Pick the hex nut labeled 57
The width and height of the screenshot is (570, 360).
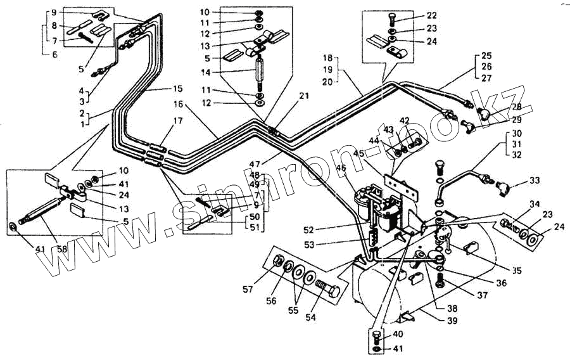click(x=277, y=263)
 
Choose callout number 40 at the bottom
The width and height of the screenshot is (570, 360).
click(x=398, y=334)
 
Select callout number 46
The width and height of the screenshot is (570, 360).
click(x=341, y=169)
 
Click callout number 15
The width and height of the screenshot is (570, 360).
click(x=177, y=88)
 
